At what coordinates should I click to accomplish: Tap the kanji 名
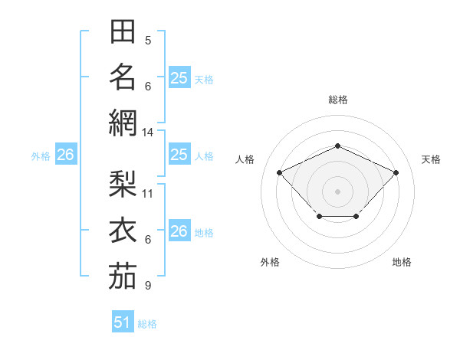123,77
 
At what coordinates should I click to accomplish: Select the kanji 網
123,122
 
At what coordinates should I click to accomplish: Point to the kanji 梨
123,184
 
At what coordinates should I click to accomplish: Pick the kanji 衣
123,229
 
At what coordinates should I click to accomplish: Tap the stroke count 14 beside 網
148,133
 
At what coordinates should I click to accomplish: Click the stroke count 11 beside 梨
148,193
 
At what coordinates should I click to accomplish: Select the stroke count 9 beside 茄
148,286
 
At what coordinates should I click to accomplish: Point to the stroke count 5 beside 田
148,40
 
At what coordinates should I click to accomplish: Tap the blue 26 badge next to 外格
65,155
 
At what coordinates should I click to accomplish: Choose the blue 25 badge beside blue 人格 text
179,155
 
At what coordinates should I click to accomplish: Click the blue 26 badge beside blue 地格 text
179,231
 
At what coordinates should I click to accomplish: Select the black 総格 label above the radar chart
338,100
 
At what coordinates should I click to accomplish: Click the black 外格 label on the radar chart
270,262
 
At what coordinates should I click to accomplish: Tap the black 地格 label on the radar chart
402,262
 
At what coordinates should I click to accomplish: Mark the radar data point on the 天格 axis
396,172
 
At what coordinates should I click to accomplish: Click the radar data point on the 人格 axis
280,172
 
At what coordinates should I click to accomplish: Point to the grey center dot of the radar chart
337,191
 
